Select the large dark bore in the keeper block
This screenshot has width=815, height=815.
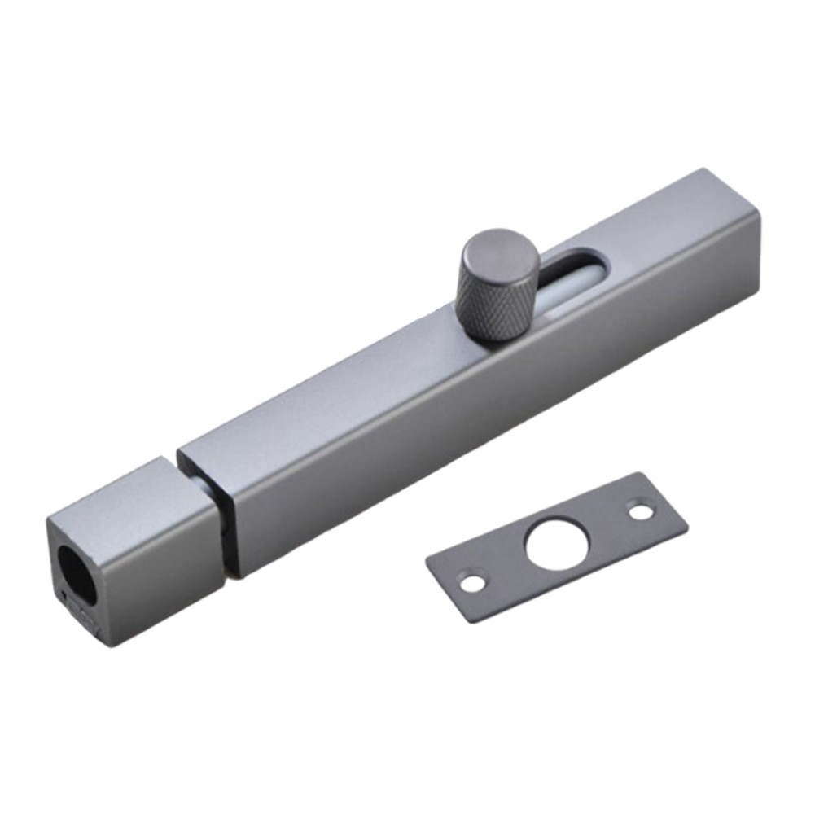point(76,573)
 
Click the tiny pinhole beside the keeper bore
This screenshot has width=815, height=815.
point(64,595)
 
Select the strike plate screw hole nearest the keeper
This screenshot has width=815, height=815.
point(470,583)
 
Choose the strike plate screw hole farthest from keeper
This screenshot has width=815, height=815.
point(642,512)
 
